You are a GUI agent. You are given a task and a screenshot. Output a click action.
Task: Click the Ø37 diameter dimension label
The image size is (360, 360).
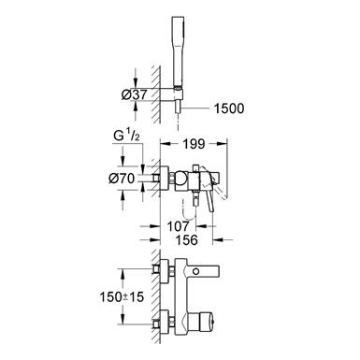tap(134, 94)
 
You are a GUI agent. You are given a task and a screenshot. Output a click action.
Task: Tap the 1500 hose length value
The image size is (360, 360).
tap(229, 108)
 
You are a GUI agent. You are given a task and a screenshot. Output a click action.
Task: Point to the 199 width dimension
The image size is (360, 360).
tap(194, 144)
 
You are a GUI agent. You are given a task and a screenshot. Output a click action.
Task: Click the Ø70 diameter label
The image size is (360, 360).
tap(122, 179)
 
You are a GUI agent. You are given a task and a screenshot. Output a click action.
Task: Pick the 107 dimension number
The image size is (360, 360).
tap(178, 226)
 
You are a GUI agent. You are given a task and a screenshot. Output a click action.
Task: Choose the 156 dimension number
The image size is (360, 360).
tap(186, 239)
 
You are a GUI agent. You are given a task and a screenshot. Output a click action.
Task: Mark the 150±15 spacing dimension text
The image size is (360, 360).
tap(122, 296)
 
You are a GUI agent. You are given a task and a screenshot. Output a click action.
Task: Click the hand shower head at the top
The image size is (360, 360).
tap(178, 50)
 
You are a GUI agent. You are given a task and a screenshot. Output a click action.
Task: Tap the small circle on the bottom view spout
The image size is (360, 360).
tap(196, 270)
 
